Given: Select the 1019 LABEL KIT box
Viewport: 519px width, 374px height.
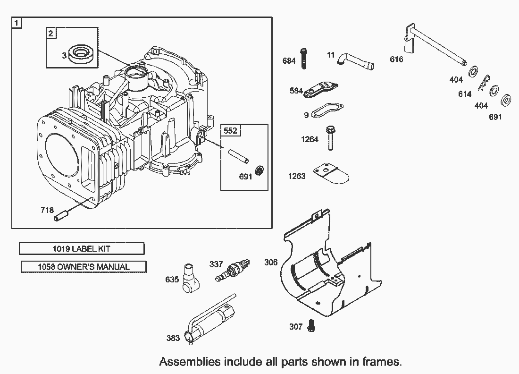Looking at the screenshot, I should coord(82,248).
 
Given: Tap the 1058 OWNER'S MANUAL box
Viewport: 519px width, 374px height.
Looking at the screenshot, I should coord(84,267).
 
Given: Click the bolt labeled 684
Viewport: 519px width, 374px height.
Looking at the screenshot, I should coord(304,59).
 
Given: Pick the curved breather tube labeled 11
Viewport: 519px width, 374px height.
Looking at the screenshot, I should coord(355,60).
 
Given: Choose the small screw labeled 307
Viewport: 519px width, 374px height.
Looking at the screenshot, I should coord(311,325).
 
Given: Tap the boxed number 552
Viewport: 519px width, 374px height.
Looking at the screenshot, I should coord(230,130).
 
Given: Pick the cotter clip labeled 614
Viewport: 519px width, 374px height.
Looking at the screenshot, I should coord(484,85).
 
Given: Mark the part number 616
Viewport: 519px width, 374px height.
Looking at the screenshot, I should coord(397,59).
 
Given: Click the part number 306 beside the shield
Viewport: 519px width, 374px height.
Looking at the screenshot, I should coord(271,263).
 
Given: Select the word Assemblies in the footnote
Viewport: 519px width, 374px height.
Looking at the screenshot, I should coord(190,362).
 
